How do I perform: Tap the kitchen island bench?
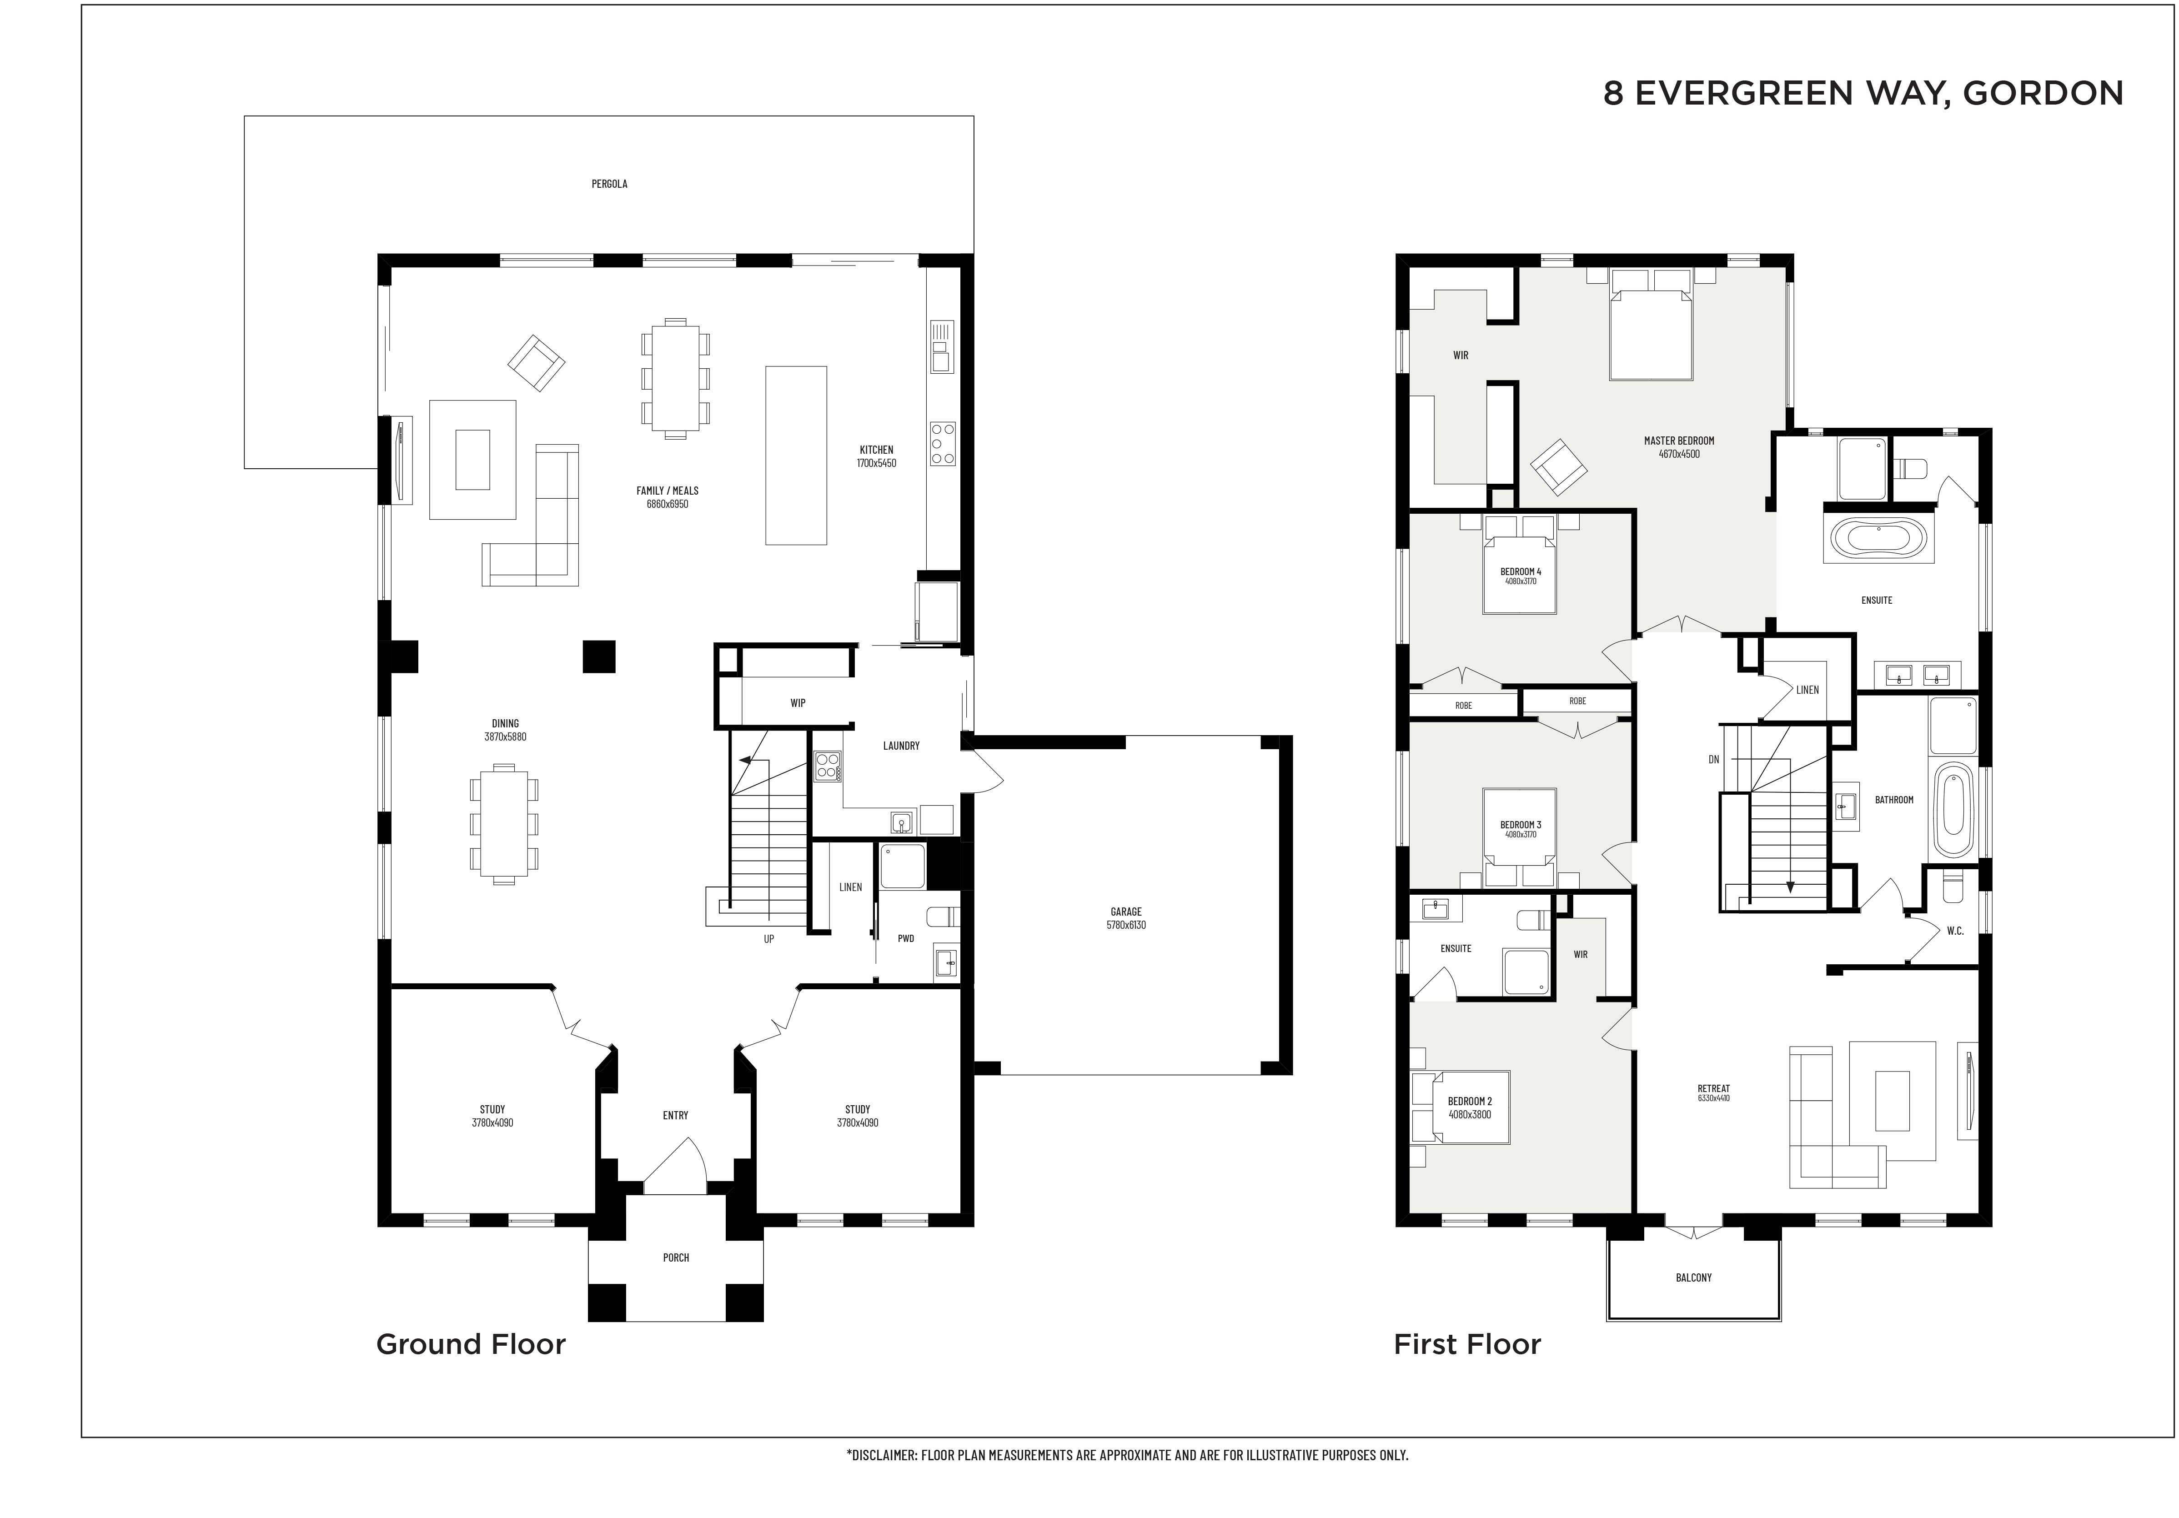(795, 456)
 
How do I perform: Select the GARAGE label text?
(1126, 912)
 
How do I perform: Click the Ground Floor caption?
(471, 1344)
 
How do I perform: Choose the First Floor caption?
(1467, 1344)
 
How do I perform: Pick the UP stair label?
(769, 939)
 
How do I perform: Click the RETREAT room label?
(1714, 1088)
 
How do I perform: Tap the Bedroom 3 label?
(1521, 824)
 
